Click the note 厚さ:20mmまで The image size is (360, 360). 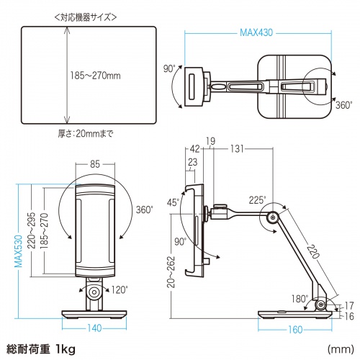(86, 134)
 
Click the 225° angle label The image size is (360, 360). (257, 199)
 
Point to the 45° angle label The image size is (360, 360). (173, 202)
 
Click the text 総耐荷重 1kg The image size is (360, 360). (41, 349)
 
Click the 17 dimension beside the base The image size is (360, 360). (348, 305)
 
